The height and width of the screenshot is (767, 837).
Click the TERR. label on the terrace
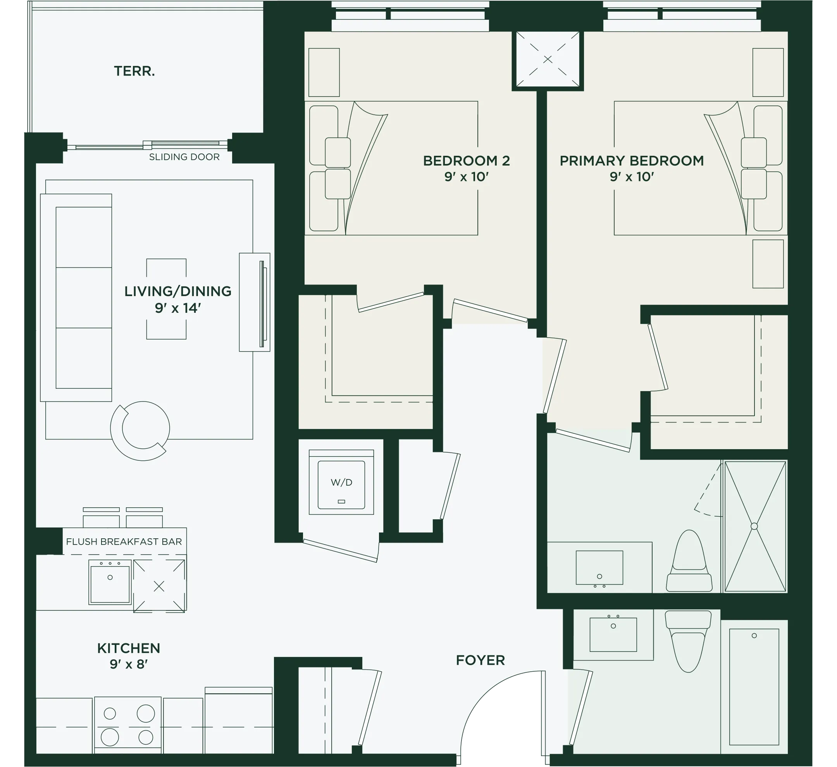[x=134, y=71]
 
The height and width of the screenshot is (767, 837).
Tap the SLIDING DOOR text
[x=184, y=157]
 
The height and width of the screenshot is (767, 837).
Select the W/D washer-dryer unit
[x=341, y=483]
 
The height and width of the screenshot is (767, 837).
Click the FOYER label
[x=480, y=660]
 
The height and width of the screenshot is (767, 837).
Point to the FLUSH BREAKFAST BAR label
[x=124, y=541]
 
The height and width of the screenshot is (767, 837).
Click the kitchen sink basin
[x=110, y=582]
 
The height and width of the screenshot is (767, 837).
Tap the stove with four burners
[x=128, y=726]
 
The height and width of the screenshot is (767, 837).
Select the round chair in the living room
[x=140, y=431]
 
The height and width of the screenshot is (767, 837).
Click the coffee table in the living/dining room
[x=166, y=299]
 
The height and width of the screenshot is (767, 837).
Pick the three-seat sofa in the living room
[x=76, y=298]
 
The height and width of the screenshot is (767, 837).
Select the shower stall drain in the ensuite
[x=754, y=526]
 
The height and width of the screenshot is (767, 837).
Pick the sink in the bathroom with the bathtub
[x=613, y=634]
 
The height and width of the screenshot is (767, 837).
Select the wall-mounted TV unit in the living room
[x=255, y=302]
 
